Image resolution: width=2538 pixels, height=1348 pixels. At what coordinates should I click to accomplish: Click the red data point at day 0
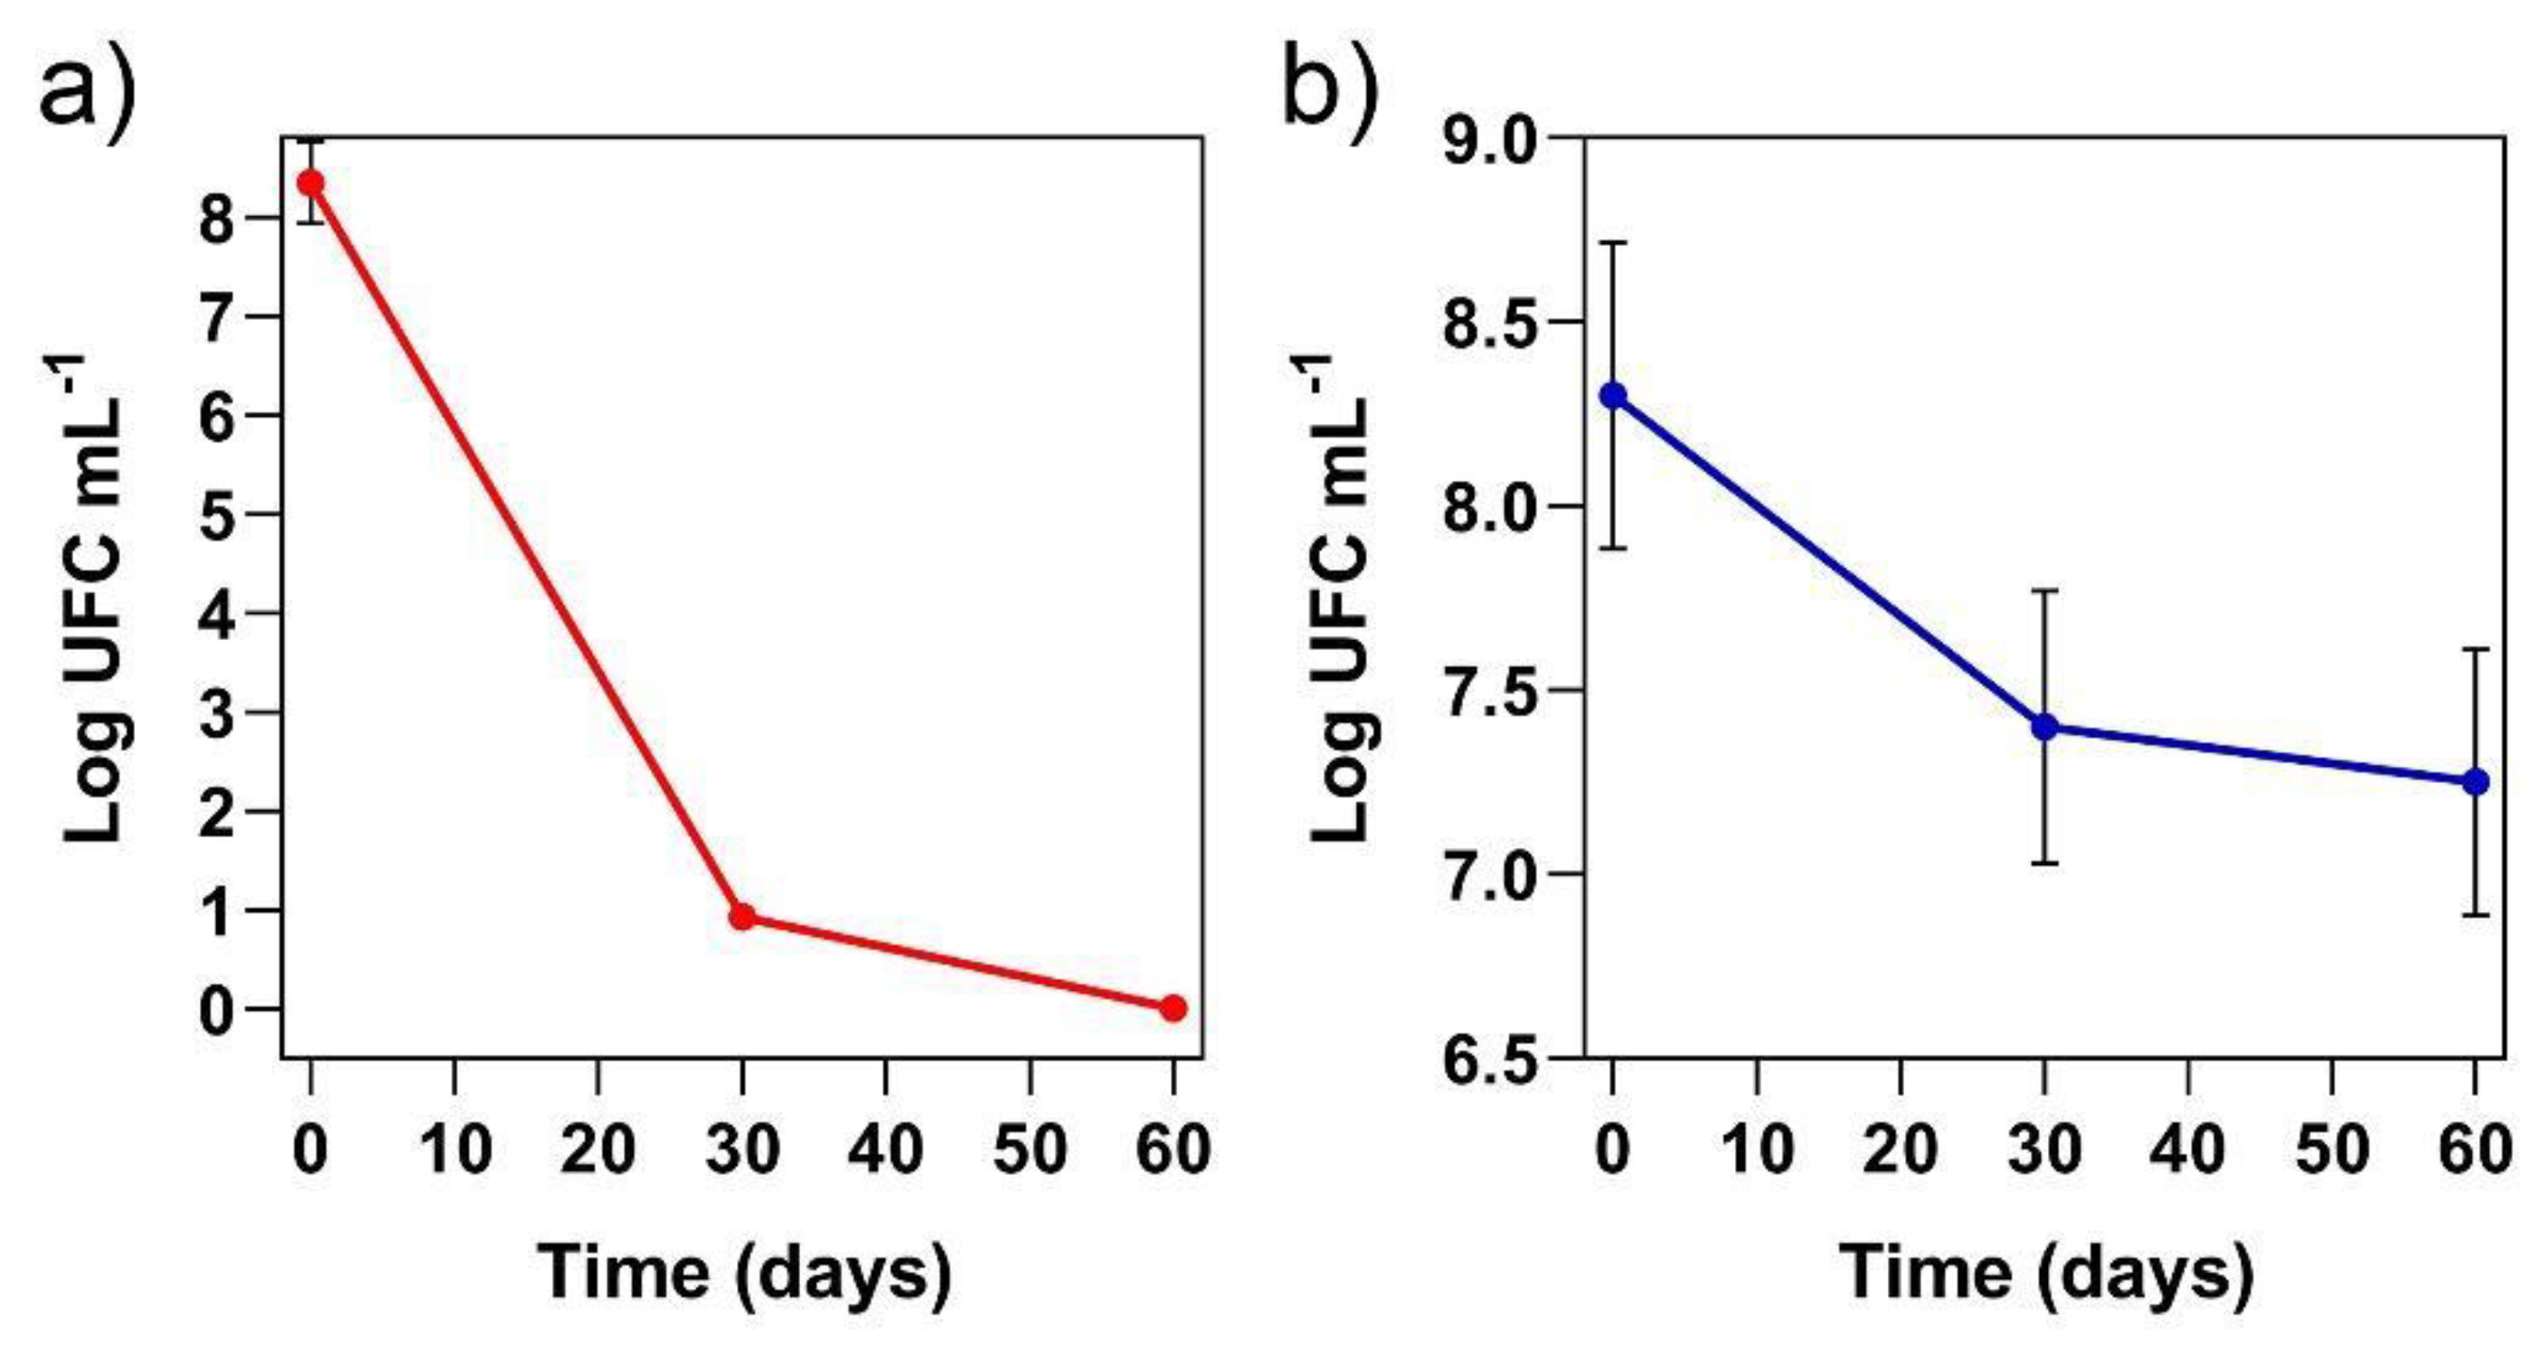click(311, 184)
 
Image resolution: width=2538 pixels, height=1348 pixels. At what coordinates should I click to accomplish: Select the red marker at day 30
click(743, 918)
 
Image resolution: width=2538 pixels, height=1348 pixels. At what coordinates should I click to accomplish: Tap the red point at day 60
click(1173, 1008)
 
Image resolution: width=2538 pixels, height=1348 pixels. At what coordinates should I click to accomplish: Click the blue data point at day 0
click(1613, 396)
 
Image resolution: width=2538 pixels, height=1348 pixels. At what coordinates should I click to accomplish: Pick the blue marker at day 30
click(2044, 727)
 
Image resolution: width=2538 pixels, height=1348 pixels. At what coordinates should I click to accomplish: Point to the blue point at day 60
click(2475, 782)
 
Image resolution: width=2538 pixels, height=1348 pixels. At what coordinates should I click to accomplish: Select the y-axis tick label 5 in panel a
click(219, 514)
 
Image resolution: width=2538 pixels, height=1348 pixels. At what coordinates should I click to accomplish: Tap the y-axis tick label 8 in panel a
click(219, 218)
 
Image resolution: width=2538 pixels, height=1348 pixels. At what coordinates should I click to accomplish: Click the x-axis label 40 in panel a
click(887, 1149)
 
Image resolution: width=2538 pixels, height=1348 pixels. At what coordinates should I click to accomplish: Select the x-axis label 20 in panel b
click(1900, 1149)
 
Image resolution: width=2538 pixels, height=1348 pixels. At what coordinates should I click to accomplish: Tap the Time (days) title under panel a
click(744, 1273)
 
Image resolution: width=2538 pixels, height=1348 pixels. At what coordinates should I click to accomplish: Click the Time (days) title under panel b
click(2045, 1273)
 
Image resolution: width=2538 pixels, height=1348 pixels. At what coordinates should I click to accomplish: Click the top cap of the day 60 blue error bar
click(2475, 649)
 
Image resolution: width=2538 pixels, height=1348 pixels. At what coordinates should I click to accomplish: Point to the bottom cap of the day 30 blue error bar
click(2044, 863)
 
